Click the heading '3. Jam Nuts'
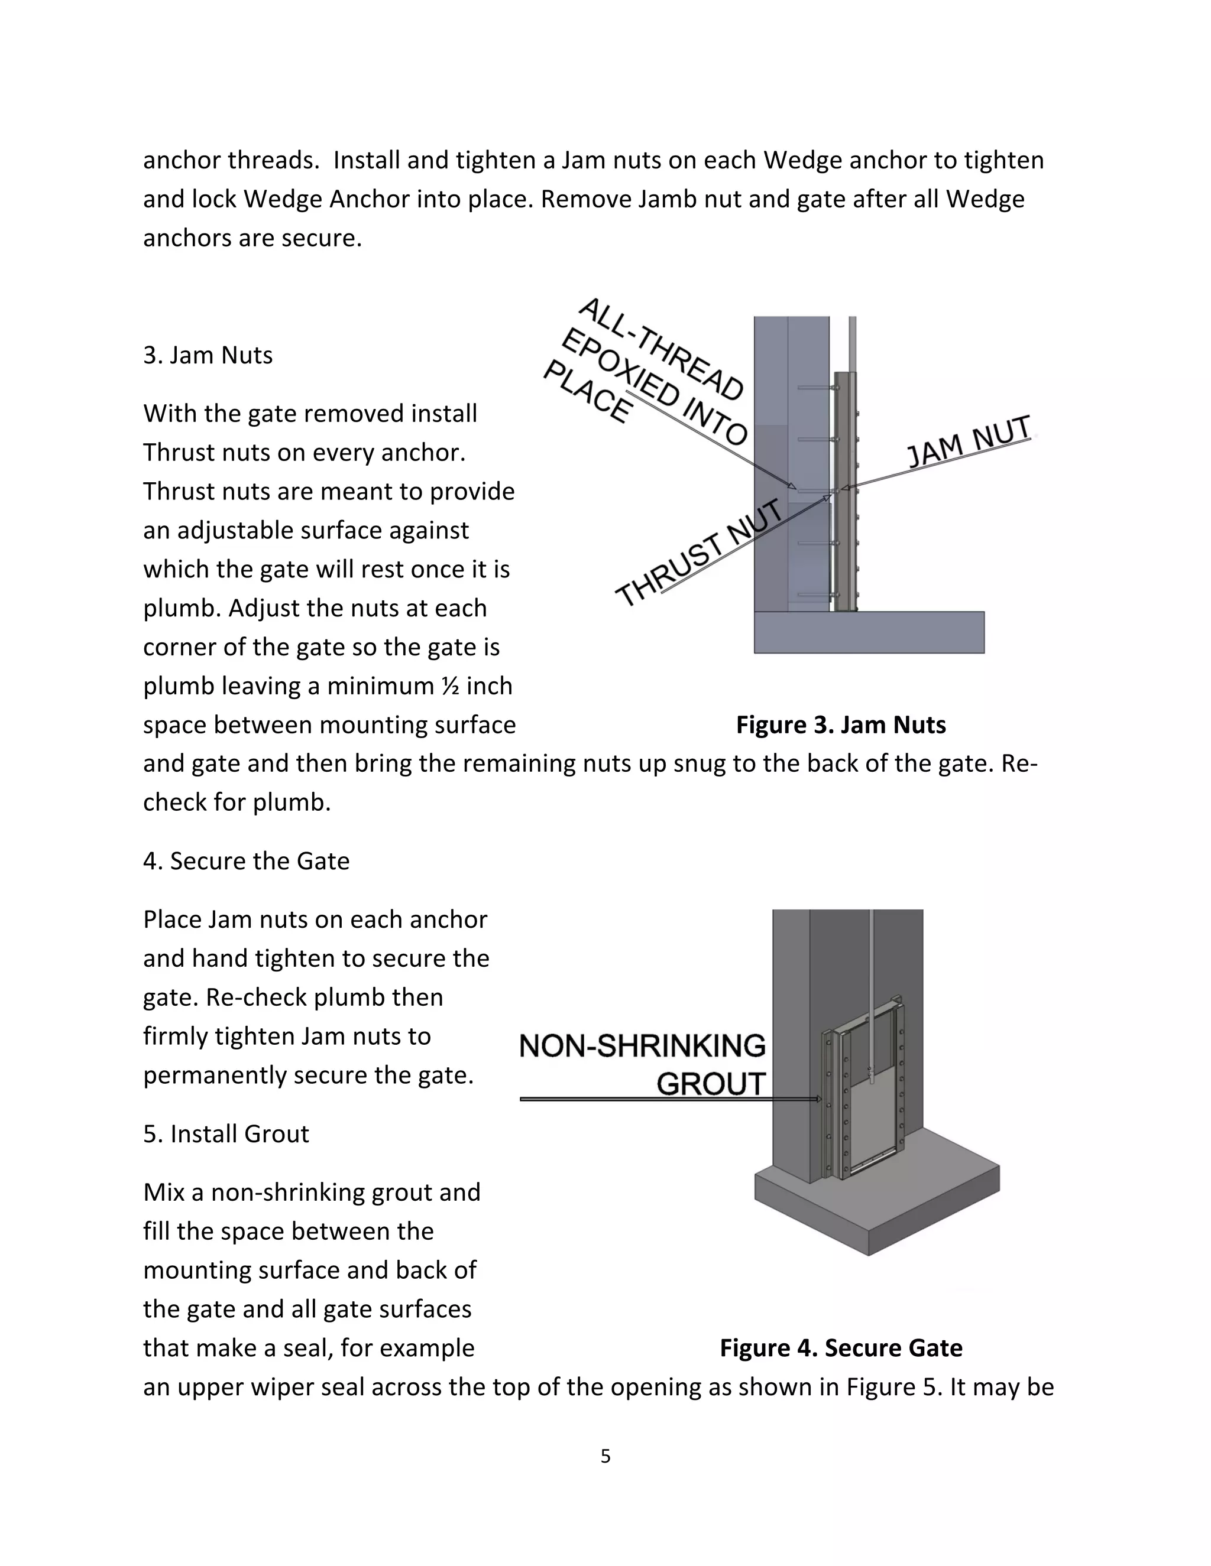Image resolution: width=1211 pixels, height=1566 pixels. pos(208,355)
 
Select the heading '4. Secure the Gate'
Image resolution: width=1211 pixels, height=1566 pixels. pos(246,860)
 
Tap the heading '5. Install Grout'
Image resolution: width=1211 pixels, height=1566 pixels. pos(226,1133)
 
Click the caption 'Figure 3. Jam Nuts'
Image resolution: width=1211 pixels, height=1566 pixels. pos(840,724)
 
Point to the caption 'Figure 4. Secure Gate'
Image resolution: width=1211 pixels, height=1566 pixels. pos(840,1347)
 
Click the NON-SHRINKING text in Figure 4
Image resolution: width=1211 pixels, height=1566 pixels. pos(642,1046)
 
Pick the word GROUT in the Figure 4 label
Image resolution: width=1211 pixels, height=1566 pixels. pos(710,1083)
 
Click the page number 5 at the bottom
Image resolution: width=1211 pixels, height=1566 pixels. pos(605,1455)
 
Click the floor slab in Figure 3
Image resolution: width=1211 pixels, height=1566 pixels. pos(868,632)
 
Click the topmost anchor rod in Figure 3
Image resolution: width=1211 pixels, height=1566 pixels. pos(814,388)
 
